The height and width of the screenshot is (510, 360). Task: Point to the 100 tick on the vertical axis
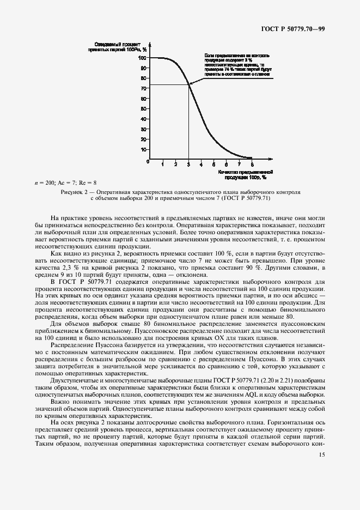point(142,57)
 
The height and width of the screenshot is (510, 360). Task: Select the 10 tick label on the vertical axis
point(143,149)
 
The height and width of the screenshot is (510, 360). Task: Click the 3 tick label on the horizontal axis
point(188,163)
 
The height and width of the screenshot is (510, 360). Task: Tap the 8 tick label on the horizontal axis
point(252,163)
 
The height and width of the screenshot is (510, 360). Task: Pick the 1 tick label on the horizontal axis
point(163,163)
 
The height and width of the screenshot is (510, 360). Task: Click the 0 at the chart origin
point(148,162)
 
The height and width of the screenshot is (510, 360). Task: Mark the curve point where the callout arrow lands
point(189,83)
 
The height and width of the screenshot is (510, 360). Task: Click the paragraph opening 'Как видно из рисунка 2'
point(76,253)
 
